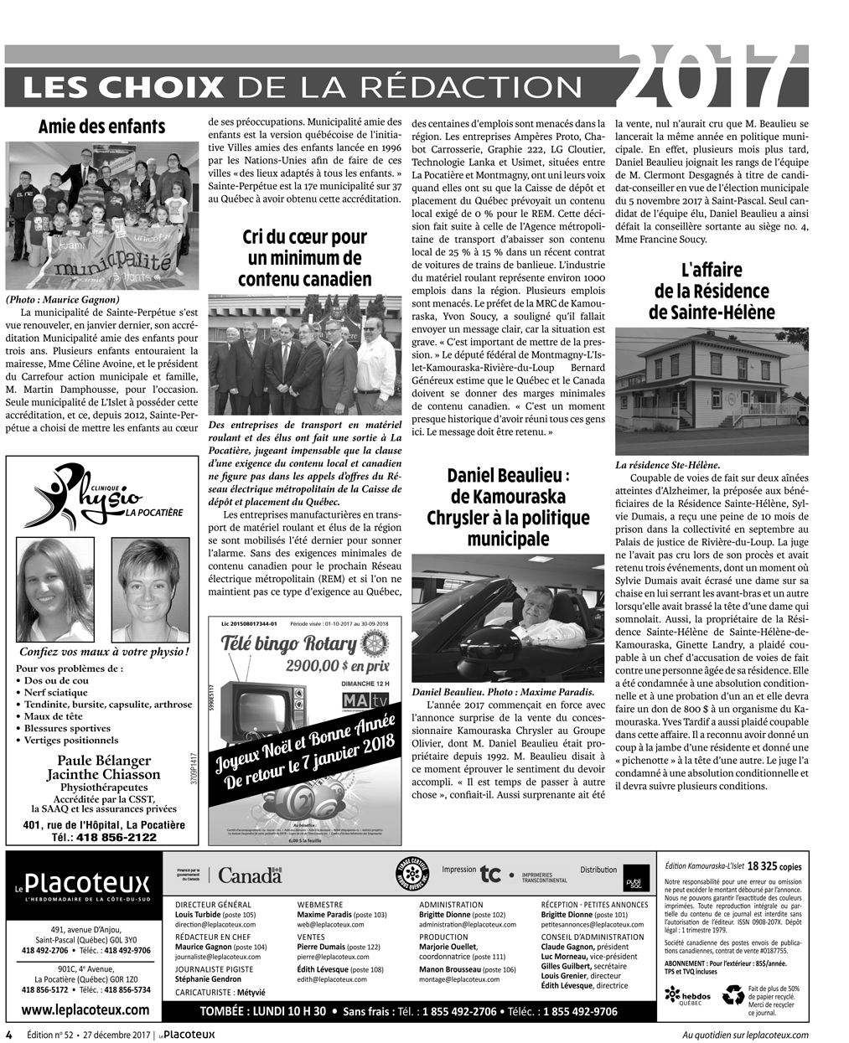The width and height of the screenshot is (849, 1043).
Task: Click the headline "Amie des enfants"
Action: pyautogui.click(x=101, y=127)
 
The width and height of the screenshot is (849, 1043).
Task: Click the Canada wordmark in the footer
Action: pyautogui.click(x=250, y=875)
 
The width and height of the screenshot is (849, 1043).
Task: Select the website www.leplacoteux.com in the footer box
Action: pyautogui.click(x=88, y=1009)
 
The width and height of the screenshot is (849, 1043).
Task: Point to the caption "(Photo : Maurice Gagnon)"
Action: pyautogui.click(x=63, y=299)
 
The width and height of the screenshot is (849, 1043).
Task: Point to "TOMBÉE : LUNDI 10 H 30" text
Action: pyautogui.click(x=263, y=1011)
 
